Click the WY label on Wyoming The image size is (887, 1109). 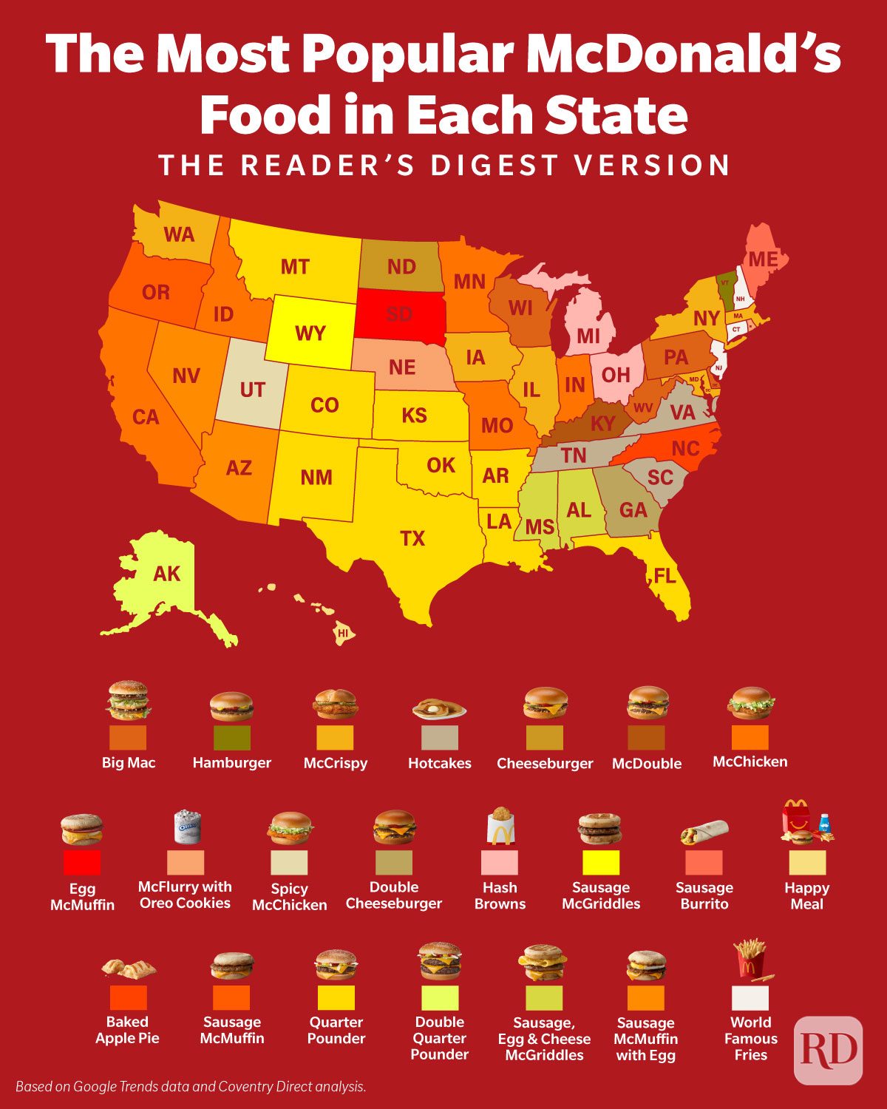click(x=310, y=333)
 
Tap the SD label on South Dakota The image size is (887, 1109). click(x=399, y=314)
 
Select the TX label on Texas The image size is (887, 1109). click(x=412, y=538)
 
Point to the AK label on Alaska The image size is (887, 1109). click(x=166, y=574)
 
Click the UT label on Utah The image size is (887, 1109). click(x=252, y=390)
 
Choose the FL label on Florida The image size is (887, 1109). click(x=665, y=575)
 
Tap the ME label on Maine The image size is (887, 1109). click(x=763, y=260)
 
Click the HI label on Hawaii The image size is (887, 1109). click(x=343, y=634)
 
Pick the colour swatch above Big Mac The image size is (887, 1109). click(x=128, y=737)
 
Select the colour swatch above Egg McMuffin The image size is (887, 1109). click(x=82, y=863)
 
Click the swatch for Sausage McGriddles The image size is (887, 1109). click(x=601, y=863)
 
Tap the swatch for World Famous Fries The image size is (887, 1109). click(x=750, y=998)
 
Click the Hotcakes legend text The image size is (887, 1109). click(x=440, y=763)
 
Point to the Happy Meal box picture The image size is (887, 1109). click(x=806, y=822)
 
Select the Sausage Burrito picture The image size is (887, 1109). click(x=704, y=832)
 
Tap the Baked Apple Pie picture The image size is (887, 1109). click(x=129, y=968)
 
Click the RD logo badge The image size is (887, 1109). click(x=829, y=1050)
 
